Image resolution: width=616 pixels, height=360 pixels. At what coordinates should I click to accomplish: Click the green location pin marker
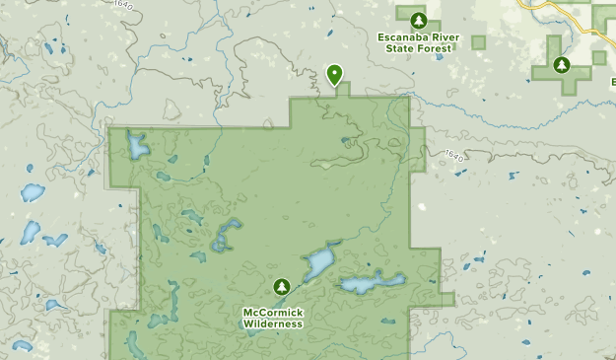(335, 73)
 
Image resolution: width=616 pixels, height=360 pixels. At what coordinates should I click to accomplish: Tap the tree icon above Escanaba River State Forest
(418, 19)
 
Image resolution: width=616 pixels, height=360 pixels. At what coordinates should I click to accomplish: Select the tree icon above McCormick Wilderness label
(283, 286)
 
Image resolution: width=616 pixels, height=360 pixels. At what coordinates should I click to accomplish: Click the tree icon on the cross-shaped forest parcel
(562, 66)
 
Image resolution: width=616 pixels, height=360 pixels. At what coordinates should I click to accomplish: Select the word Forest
(437, 48)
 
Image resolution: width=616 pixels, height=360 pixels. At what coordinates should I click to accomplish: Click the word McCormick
(274, 314)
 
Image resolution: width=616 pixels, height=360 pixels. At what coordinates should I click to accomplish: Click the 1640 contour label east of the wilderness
(451, 155)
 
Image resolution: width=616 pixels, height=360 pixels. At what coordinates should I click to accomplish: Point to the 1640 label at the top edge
(122, 5)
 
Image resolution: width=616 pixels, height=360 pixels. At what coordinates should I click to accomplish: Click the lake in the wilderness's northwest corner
(135, 148)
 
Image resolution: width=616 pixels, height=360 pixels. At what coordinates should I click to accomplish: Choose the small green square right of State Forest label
(479, 42)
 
